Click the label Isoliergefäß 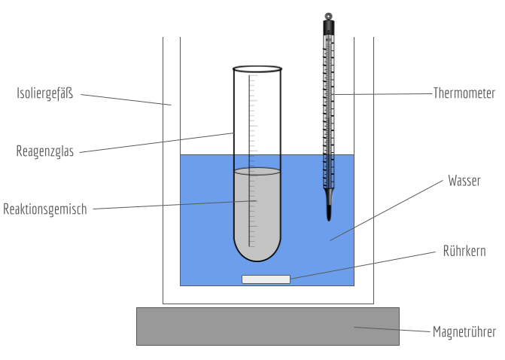click(44, 93)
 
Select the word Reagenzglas click(44, 151)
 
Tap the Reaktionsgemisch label click(45, 209)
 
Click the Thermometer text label click(464, 93)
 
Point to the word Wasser click(464, 181)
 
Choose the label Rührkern click(464, 252)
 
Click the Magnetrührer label click(464, 331)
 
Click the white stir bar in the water click(266, 279)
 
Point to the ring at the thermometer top click(329, 14)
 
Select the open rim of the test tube click(257, 69)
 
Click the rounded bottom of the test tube click(257, 253)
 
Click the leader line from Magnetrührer click(391, 329)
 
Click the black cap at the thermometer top click(329, 27)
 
